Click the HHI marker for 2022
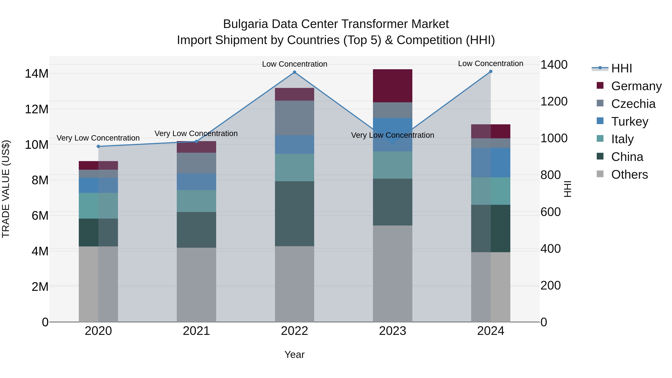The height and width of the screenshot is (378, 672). pyautogui.click(x=295, y=72)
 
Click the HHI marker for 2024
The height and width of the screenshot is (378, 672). pyautogui.click(x=491, y=71)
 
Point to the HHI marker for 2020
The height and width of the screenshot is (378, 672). pyautogui.click(x=98, y=146)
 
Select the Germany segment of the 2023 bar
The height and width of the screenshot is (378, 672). pyautogui.click(x=393, y=86)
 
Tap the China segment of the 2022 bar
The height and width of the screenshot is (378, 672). pyautogui.click(x=295, y=214)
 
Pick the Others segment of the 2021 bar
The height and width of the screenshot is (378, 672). pyautogui.click(x=196, y=285)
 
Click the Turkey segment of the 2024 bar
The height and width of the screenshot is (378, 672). pyautogui.click(x=491, y=163)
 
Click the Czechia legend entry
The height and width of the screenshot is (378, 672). pyautogui.click(x=633, y=104)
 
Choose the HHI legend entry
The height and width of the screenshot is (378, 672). pyautogui.click(x=621, y=68)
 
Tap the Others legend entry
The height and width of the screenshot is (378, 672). pyautogui.click(x=629, y=175)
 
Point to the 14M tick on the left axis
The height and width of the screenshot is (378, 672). pyautogui.click(x=37, y=74)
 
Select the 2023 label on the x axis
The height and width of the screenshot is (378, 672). pyautogui.click(x=393, y=331)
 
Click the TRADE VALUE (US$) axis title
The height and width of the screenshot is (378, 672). pyautogui.click(x=6, y=189)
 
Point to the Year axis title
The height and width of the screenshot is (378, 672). pyautogui.click(x=295, y=354)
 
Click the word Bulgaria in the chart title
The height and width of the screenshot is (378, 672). pyautogui.click(x=245, y=24)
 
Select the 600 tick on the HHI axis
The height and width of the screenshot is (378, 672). pyautogui.click(x=550, y=212)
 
